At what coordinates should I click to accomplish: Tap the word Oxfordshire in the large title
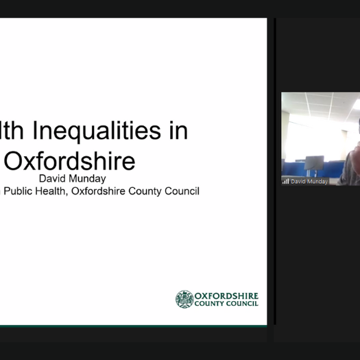click(70, 161)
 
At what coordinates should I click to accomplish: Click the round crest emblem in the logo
click(184, 299)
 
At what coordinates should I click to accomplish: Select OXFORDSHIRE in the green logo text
click(226, 296)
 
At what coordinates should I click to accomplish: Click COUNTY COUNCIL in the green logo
click(226, 304)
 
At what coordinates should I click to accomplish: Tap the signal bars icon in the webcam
click(285, 182)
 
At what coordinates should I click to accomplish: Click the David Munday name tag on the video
click(309, 182)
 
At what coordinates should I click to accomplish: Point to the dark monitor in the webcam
click(313, 164)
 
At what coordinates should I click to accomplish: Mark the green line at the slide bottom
click(134, 325)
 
